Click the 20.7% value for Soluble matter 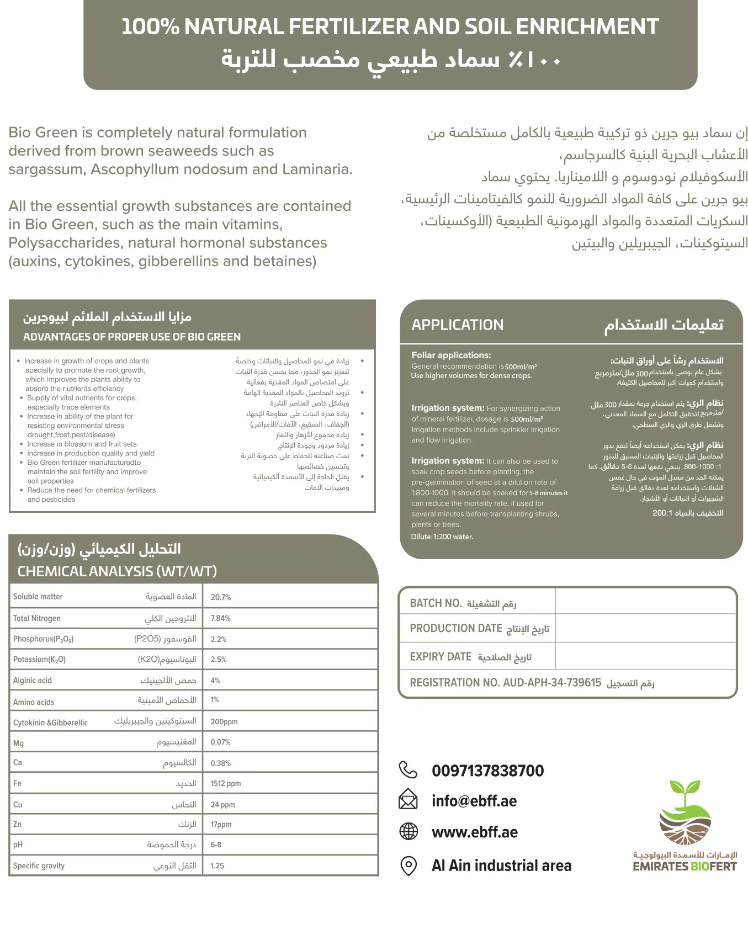coord(221,597)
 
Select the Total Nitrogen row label coord(37,618)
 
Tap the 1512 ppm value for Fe coord(226,783)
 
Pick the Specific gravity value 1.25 coord(217,866)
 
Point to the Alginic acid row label coord(33,681)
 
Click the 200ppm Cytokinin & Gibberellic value coord(224,721)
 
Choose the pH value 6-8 coord(216,845)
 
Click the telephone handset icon coord(408,769)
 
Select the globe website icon coord(409,831)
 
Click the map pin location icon coord(409,866)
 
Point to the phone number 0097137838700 coord(488,771)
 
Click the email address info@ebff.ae coord(474,801)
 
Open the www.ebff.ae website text coord(475,832)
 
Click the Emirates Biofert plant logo coord(685,811)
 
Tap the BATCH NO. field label coord(436,603)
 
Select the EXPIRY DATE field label coord(441,657)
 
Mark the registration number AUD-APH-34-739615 coord(552,683)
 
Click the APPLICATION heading coord(458,325)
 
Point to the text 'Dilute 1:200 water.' coord(442,537)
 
